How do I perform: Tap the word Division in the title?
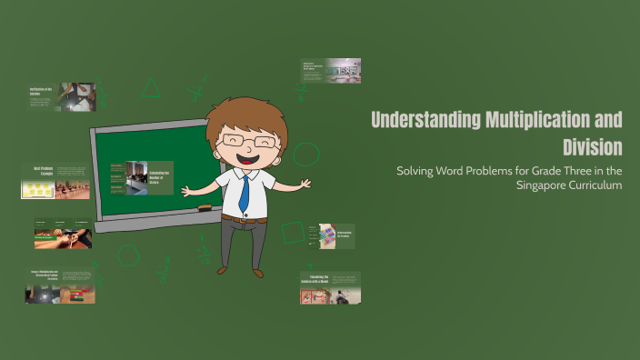(592, 147)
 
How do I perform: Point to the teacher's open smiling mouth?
(245, 158)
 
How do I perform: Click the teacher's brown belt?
(244, 219)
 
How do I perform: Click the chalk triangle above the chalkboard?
(151, 89)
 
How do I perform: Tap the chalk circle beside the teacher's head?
(306, 154)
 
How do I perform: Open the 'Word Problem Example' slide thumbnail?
(55, 182)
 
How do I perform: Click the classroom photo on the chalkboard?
(137, 177)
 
